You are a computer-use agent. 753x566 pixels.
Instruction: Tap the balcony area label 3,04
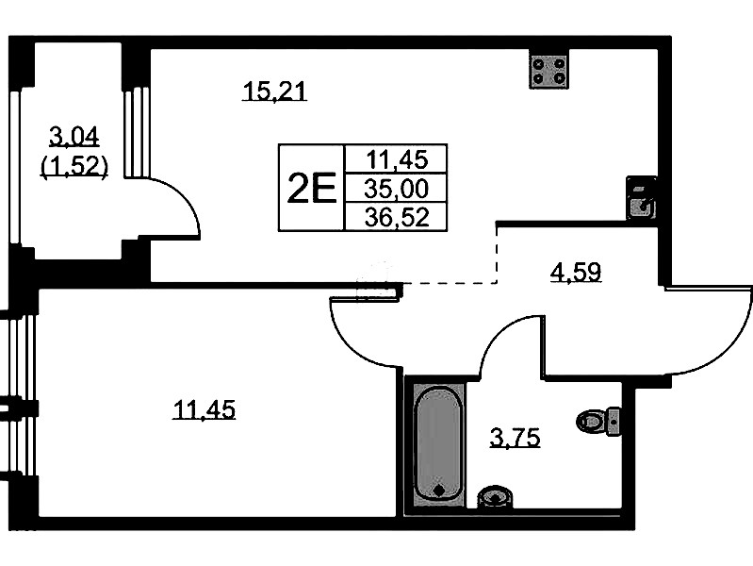pyautogui.click(x=73, y=140)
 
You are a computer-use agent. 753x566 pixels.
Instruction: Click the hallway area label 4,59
pyautogui.click(x=575, y=274)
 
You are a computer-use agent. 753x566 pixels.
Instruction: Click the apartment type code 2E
pyautogui.click(x=311, y=190)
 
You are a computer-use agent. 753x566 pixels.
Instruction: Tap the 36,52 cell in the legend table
pyautogui.click(x=396, y=218)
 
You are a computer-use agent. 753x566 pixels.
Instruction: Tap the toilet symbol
pyautogui.click(x=599, y=420)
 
